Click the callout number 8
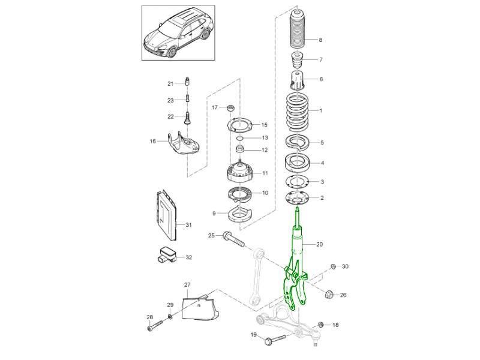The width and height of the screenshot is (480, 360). [320, 40]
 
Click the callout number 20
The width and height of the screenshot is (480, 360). [319, 245]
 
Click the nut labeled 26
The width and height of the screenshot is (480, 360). [329, 294]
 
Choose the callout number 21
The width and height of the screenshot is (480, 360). [170, 83]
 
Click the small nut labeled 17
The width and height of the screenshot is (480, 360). [230, 108]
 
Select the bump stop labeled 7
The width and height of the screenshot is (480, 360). [296, 61]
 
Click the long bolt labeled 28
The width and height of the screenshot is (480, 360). [155, 327]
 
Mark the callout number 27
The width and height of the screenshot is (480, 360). [187, 284]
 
